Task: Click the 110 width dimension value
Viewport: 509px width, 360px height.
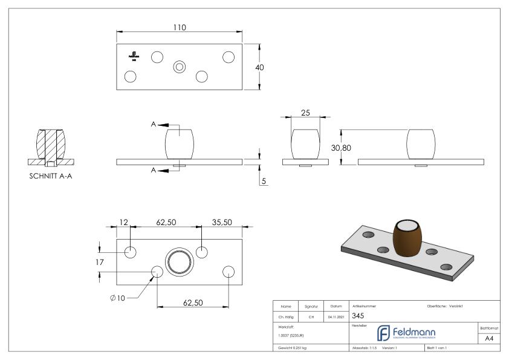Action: point(179,27)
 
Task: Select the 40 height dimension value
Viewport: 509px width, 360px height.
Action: point(259,67)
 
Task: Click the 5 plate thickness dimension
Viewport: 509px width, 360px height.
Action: point(264,180)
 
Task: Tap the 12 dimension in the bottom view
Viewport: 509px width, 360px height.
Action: point(124,223)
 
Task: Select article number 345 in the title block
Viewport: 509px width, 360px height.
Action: point(358,316)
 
